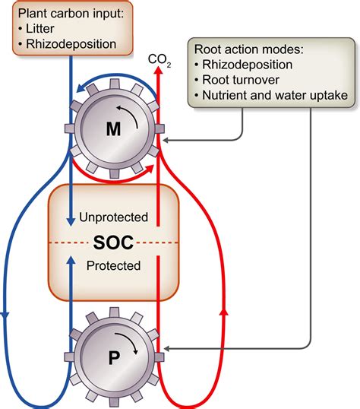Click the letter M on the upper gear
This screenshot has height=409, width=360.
[113, 128]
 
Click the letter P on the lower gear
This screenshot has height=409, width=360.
[114, 358]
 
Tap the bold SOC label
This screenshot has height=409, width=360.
[113, 243]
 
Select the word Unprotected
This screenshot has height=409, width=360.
[113, 217]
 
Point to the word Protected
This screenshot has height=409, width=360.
[113, 265]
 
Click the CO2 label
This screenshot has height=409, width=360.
[159, 60]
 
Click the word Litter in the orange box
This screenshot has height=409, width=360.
[40, 28]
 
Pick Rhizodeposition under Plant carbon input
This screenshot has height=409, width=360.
[71, 44]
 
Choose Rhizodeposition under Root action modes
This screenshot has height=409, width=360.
[247, 65]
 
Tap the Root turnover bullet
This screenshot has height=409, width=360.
[241, 80]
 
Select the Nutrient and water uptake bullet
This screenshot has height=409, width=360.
[275, 95]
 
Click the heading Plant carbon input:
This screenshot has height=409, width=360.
[71, 13]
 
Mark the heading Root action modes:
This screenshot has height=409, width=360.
[249, 49]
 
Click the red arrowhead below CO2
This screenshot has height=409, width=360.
[158, 70]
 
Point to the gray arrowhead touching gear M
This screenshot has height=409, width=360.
[166, 141]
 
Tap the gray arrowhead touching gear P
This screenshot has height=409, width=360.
[166, 348]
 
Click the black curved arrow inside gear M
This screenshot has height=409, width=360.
[129, 115]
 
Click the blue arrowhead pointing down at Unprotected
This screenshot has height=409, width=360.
[71, 221]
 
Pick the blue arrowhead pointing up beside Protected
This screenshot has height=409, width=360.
[71, 260]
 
